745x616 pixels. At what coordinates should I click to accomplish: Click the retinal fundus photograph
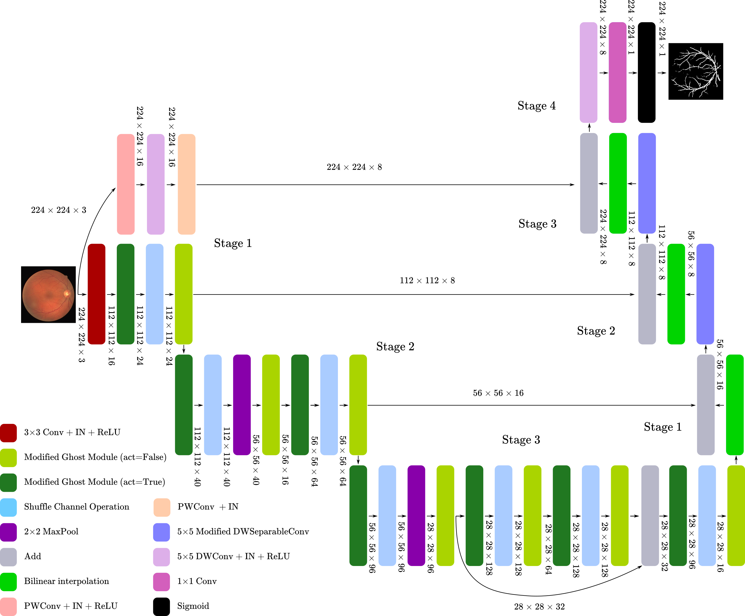pyautogui.click(x=48, y=295)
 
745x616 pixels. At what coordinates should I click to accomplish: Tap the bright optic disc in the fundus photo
pyautogui.click(x=66, y=293)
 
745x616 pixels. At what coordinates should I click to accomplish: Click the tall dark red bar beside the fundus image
pyautogui.click(x=97, y=294)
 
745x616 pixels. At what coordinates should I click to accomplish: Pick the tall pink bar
pyautogui.click(x=126, y=184)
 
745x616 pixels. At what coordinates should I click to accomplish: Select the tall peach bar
pyautogui.click(x=187, y=184)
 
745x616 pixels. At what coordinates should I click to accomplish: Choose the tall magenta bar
pyautogui.click(x=617, y=72)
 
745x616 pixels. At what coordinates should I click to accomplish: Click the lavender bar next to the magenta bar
pyautogui.click(x=588, y=72)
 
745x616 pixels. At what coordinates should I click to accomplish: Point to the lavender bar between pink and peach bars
pyautogui.click(x=156, y=184)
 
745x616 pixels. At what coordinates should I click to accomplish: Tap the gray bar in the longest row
pyautogui.click(x=650, y=515)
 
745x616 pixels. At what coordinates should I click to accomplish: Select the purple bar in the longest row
pyautogui.click(x=416, y=515)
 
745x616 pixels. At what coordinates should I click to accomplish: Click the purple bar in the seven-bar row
pyautogui.click(x=242, y=405)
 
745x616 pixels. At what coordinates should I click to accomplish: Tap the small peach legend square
pyautogui.click(x=162, y=507)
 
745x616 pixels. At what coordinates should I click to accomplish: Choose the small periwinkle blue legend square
pyautogui.click(x=162, y=532)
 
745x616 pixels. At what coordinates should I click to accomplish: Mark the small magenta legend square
pyautogui.click(x=162, y=582)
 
